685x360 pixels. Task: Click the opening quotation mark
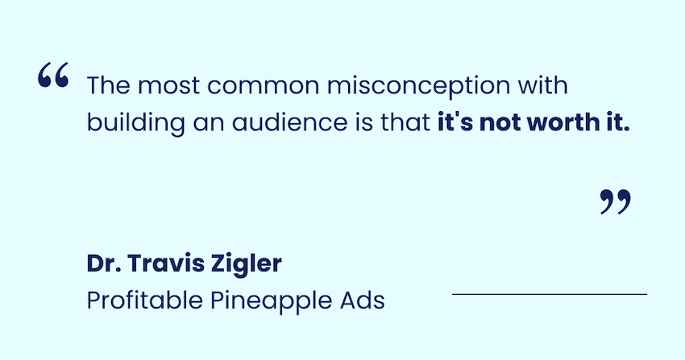click(53, 75)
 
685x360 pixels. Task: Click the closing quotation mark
click(616, 201)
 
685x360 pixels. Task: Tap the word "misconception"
click(418, 85)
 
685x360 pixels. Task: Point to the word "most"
click(168, 86)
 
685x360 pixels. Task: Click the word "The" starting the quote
click(108, 85)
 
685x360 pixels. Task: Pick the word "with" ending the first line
click(543, 85)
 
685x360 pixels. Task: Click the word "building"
click(136, 123)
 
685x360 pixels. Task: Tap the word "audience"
click(289, 122)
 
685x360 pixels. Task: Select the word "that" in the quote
click(406, 122)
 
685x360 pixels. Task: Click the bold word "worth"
click(563, 122)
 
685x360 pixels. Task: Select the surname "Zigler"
click(247, 264)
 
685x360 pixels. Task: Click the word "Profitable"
click(144, 300)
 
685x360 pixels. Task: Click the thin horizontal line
click(550, 294)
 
